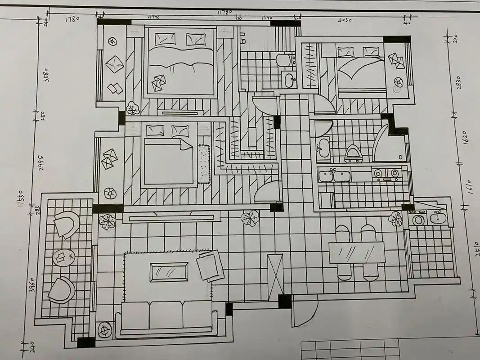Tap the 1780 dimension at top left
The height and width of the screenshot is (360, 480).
tap(72, 19)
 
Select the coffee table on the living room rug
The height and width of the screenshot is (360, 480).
tap(169, 272)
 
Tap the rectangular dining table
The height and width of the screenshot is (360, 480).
tap(357, 252)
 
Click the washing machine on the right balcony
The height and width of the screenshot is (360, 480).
tap(418, 220)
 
